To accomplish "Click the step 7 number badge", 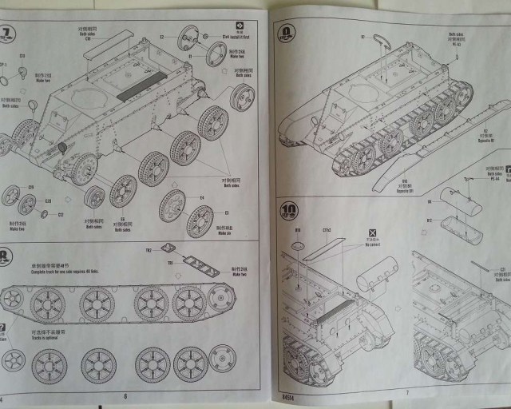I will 9,34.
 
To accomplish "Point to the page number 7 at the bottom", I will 406,392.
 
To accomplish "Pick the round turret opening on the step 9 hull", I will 363,93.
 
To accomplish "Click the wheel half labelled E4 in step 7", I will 172,206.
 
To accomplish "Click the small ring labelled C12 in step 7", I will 45,213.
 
